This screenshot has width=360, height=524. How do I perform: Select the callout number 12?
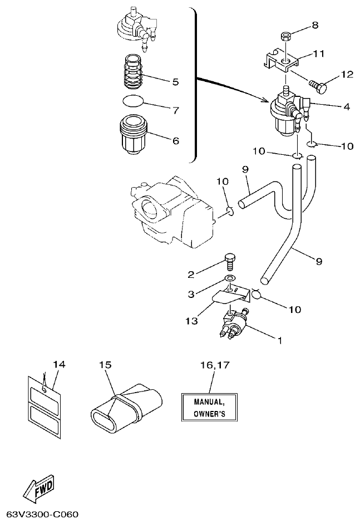tap(347, 75)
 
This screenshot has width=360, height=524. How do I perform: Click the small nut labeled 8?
tap(285, 37)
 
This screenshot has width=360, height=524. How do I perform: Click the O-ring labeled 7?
tap(133, 101)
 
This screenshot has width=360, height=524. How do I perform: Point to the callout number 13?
tap(191, 321)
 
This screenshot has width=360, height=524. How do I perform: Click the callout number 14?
tap(59, 365)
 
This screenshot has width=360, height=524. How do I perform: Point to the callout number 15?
tap(106, 365)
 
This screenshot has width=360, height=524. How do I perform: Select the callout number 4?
tap(346, 106)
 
